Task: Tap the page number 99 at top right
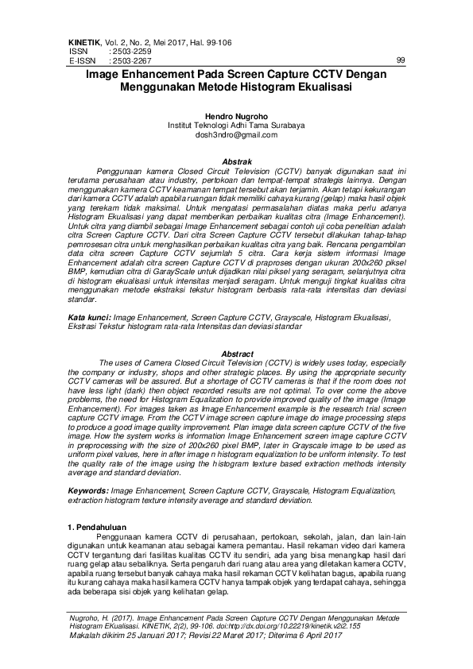coord(400,60)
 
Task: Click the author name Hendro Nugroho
coord(236,116)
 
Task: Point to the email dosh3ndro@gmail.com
coord(236,135)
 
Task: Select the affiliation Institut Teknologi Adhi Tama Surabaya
coord(236,126)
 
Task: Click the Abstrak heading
coord(236,160)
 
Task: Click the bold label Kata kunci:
coord(88,316)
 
